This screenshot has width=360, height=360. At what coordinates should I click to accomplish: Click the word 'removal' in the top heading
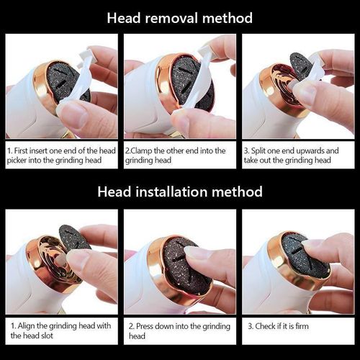[x=171, y=18]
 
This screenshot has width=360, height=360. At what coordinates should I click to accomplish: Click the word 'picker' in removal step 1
[x=17, y=161]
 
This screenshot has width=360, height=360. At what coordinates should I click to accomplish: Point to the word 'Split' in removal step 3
[x=258, y=150]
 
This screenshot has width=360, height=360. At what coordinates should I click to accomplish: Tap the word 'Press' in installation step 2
[x=145, y=326]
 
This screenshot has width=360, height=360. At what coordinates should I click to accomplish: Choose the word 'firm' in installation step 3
[x=302, y=326]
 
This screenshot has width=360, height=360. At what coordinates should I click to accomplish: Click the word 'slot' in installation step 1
[x=47, y=336]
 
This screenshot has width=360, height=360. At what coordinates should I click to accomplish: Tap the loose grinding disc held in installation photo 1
[x=73, y=239]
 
